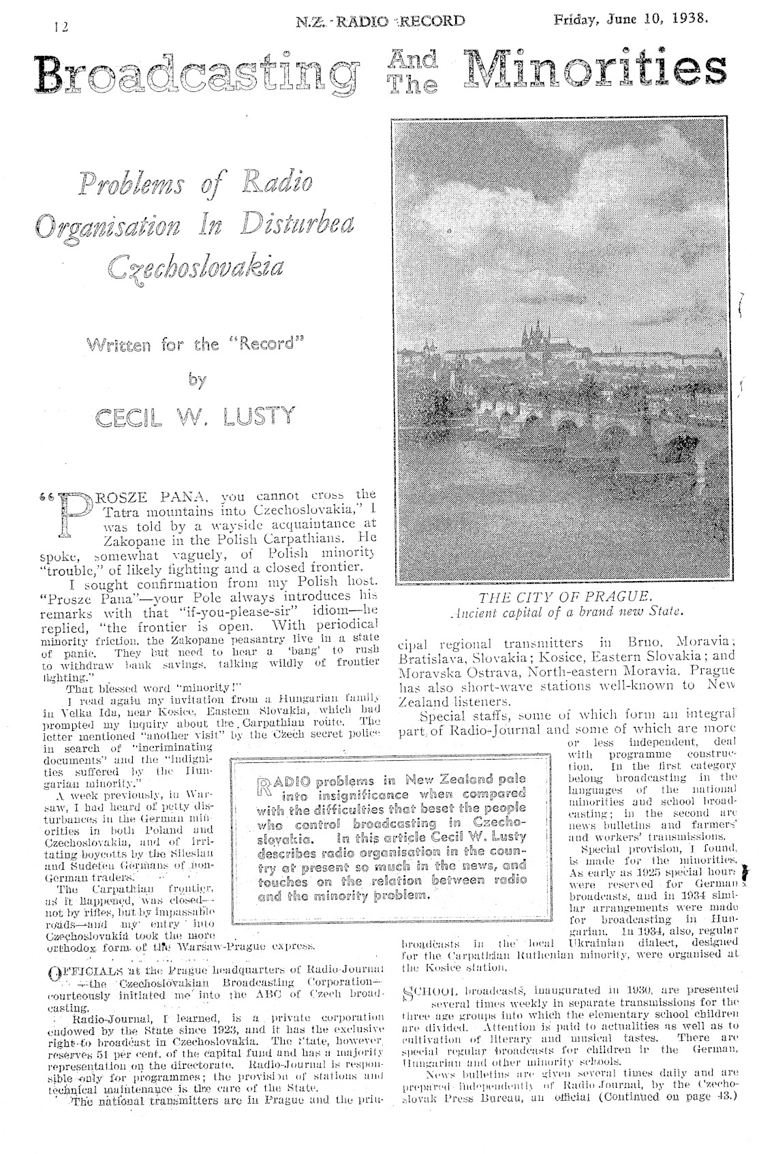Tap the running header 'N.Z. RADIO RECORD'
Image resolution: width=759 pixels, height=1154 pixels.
click(381, 21)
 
